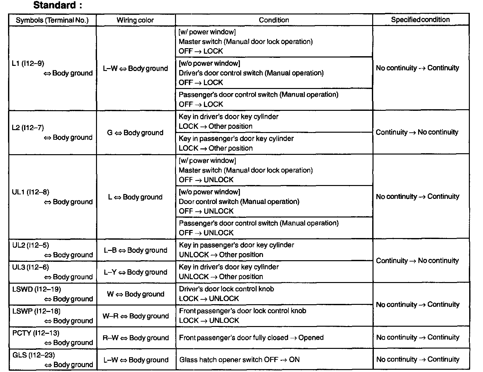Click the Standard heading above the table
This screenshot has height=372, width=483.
tap(57, 5)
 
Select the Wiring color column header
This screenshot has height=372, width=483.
tap(135, 20)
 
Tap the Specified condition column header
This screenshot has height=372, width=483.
tap(420, 20)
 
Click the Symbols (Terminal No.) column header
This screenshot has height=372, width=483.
tap(52, 20)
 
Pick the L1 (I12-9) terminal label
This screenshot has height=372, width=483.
tap(28, 63)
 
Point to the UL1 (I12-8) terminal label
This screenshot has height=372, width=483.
tap(31, 192)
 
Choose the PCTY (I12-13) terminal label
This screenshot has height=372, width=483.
tap(36, 333)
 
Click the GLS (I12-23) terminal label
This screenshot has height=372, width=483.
tap(33, 355)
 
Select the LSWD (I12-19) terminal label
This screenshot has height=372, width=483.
tap(37, 289)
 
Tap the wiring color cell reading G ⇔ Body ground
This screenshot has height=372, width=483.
tap(135, 133)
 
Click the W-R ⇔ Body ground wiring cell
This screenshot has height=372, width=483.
tap(136, 316)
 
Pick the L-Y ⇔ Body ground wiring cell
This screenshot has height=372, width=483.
tap(136, 272)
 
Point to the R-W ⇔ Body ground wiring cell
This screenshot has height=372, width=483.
tap(136, 338)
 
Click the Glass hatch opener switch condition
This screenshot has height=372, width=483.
tap(239, 360)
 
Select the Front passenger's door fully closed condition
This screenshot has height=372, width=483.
tap(251, 338)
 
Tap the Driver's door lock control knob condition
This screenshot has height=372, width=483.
tap(226, 289)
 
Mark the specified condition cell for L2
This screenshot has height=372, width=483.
tap(417, 132)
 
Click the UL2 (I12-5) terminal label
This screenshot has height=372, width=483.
tap(31, 245)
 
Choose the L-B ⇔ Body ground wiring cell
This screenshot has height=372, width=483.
tap(136, 250)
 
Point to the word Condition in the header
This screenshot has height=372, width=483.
tap(274, 20)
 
